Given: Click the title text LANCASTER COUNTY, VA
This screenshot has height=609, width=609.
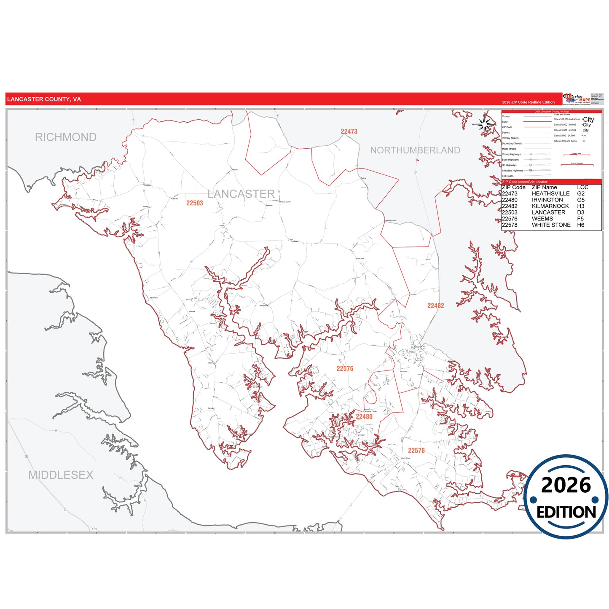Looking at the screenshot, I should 44,99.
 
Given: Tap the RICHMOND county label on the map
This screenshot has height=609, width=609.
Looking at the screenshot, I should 66,137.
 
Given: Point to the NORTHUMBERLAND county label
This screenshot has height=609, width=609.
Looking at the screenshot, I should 415,150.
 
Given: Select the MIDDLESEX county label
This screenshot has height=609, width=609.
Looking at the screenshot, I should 61,475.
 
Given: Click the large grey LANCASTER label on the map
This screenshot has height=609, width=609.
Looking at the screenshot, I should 241,194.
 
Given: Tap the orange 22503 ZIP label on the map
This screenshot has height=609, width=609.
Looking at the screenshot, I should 195,203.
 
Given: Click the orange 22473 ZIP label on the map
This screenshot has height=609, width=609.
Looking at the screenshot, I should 349,131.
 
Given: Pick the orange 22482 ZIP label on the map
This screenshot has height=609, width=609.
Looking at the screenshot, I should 435,306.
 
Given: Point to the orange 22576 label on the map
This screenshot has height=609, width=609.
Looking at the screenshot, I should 345,369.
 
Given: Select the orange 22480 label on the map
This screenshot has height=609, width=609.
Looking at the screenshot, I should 364,417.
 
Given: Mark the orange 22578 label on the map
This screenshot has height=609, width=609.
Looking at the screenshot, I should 416,451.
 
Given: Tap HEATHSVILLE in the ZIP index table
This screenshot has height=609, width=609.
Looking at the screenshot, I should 550,194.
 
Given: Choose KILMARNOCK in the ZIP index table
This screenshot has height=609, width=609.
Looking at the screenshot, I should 550,206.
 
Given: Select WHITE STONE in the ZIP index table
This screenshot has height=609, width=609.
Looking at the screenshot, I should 551,225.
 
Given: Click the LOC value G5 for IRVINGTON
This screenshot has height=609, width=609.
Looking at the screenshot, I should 581,200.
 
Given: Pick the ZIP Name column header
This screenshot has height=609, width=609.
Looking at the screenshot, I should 544,188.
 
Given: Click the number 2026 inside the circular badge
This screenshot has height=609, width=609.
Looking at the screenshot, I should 566,485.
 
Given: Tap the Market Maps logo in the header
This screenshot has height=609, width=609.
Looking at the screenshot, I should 577,99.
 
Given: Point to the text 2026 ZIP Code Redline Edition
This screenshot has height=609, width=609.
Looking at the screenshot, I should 528,102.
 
